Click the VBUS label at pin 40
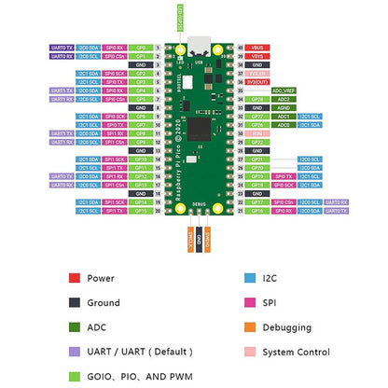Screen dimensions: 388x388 pos(258,46)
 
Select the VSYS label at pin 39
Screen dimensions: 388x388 pos(258,55)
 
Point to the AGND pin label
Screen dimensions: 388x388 pos(258,107)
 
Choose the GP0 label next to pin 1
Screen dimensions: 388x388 pos(140,46)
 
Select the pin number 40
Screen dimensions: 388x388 pos(241,46)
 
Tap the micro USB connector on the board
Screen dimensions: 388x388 pos(199,45)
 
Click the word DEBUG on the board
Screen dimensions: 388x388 pos(199,202)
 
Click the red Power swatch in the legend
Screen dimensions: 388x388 pos(73,278)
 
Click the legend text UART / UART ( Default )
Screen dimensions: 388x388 pos(139,353)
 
